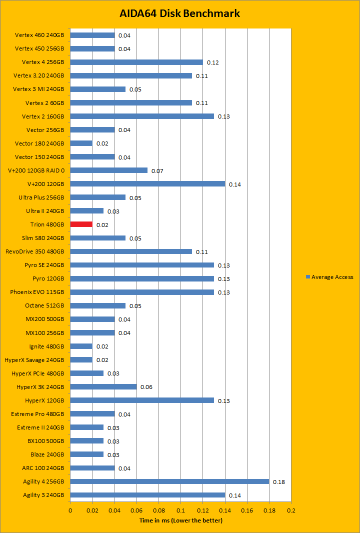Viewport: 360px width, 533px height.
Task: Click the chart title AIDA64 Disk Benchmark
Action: [180, 13]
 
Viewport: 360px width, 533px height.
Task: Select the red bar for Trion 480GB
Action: [81, 224]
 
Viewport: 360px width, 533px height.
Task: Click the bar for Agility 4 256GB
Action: [169, 481]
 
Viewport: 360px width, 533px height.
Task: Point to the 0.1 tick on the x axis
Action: [180, 511]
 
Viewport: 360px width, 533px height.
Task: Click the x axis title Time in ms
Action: [180, 520]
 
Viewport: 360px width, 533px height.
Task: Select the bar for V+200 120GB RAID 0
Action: [108, 170]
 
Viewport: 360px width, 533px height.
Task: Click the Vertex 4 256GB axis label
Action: [43, 62]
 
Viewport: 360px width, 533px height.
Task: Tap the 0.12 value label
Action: [212, 62]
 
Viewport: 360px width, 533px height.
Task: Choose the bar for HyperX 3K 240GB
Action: [103, 386]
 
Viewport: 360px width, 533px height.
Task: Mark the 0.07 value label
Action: [157, 171]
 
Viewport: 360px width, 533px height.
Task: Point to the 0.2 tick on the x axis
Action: [291, 511]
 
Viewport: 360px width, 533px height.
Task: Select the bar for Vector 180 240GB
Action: [81, 143]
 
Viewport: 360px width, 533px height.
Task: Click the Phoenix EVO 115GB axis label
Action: [37, 292]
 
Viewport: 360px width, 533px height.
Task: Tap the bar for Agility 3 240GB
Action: [147, 495]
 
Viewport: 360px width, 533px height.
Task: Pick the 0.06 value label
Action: [146, 387]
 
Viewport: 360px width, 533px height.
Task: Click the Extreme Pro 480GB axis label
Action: [37, 414]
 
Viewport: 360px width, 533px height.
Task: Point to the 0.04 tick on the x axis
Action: [114, 511]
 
